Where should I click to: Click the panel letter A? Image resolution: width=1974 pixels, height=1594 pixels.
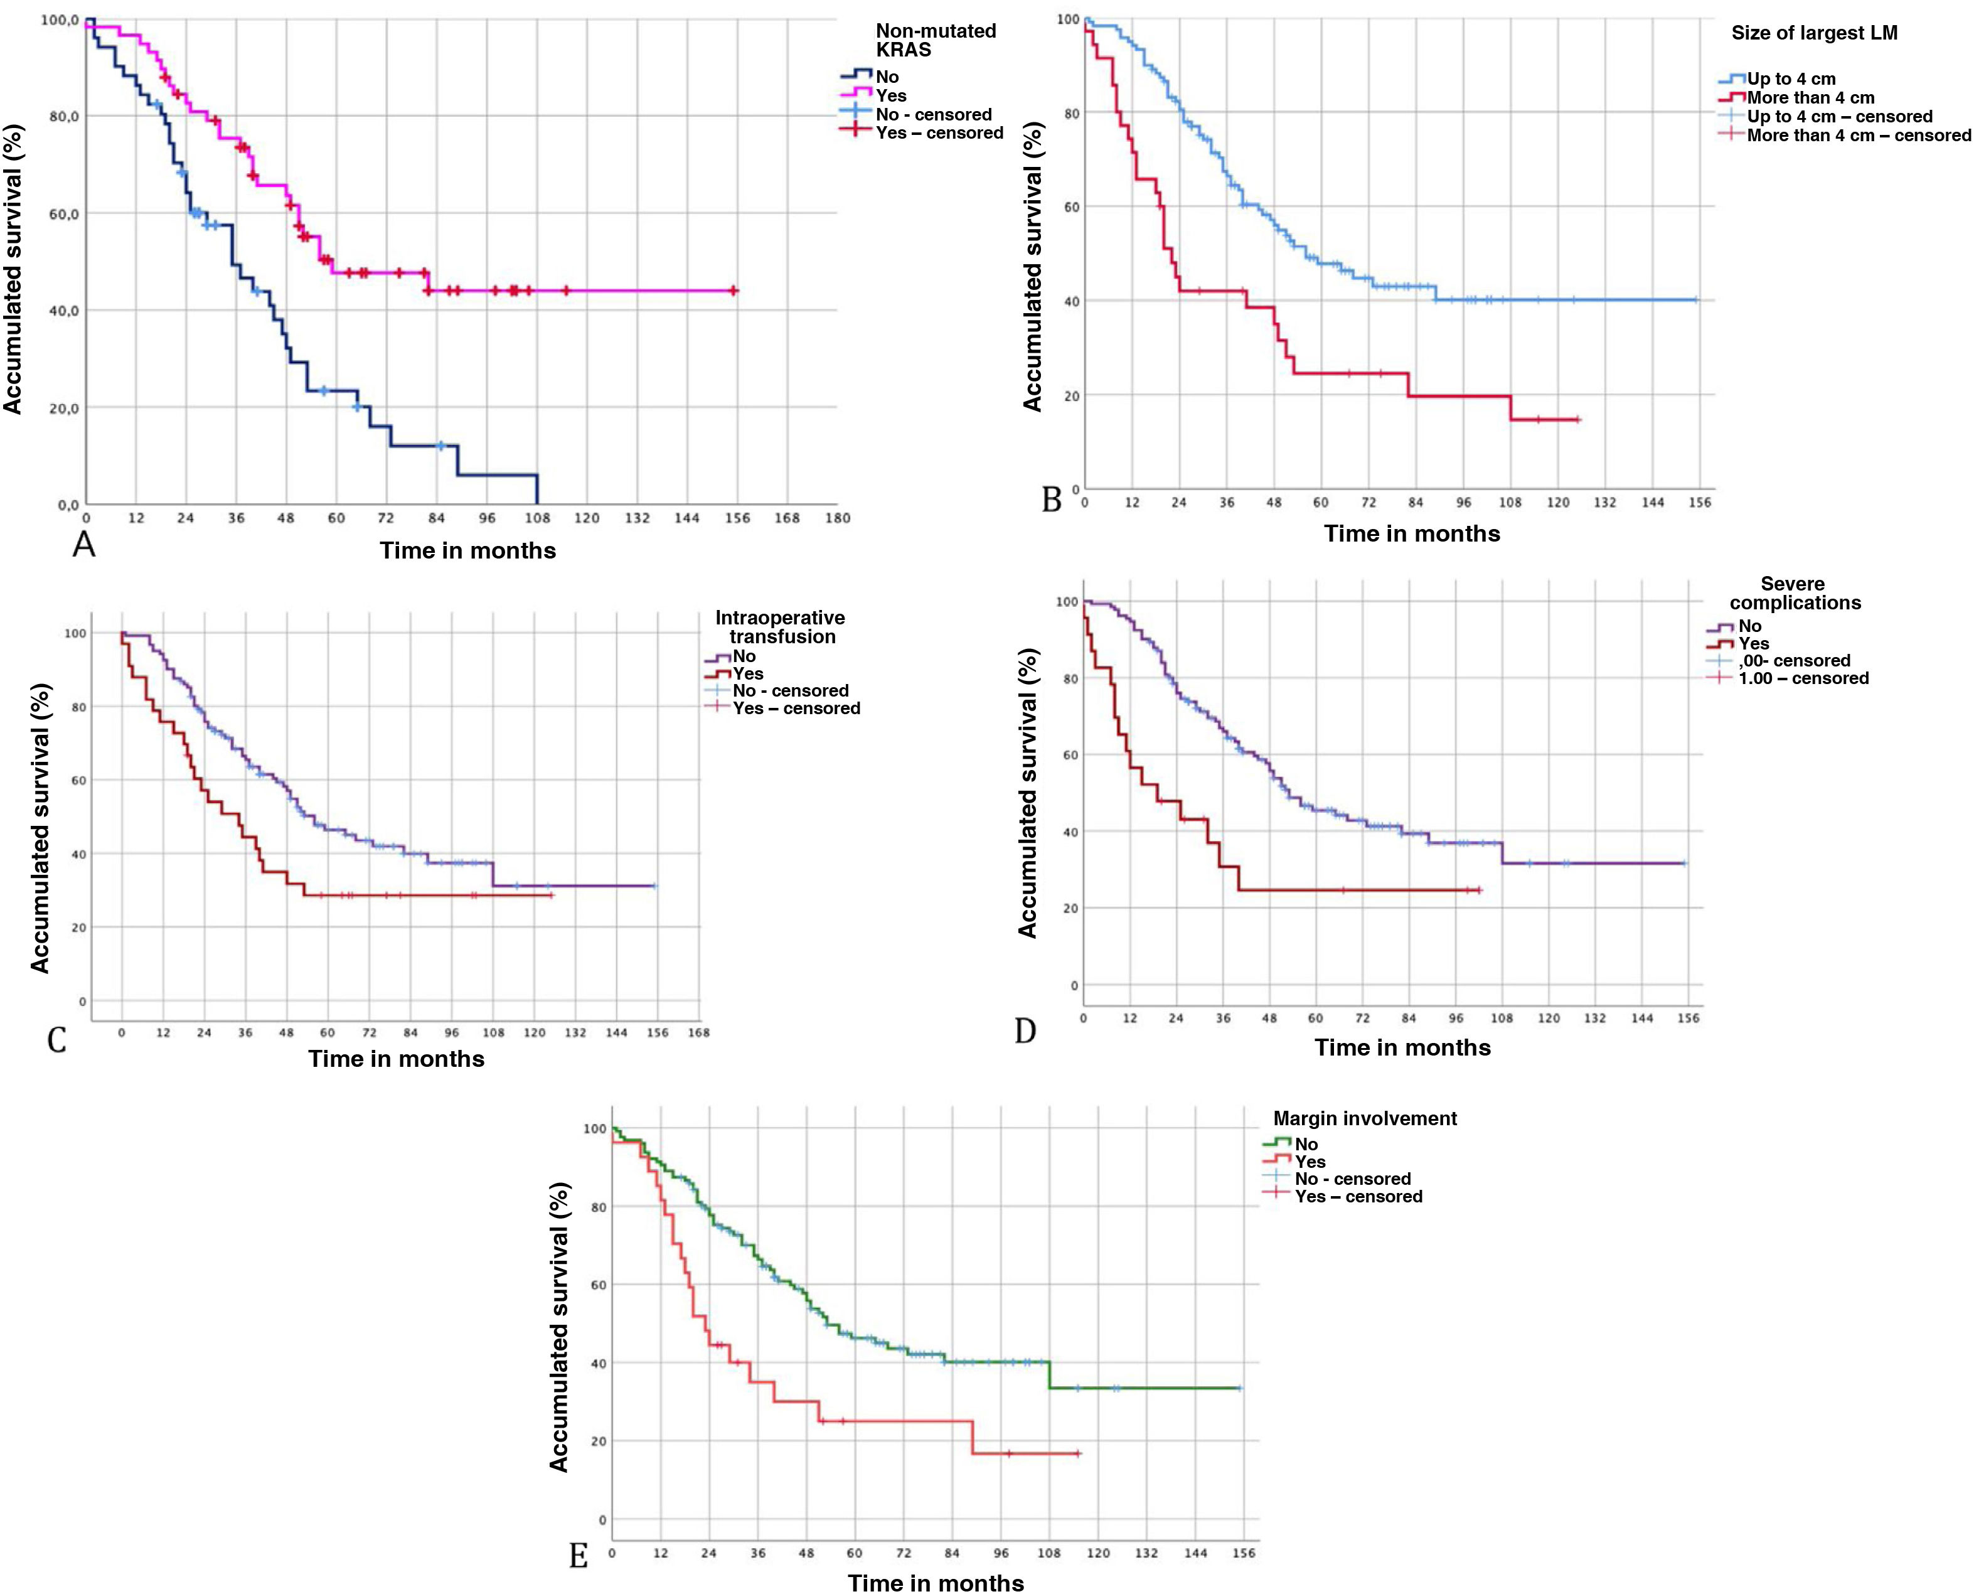click(83, 545)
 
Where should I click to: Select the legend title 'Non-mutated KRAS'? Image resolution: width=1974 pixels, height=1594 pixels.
click(935, 40)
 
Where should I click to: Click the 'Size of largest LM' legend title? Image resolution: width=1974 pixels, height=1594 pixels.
click(1813, 33)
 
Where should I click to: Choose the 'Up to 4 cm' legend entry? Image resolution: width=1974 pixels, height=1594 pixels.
click(1790, 79)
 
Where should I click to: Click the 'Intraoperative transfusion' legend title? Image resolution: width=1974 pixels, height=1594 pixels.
click(781, 627)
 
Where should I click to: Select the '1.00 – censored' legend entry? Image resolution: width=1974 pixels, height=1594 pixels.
click(1802, 678)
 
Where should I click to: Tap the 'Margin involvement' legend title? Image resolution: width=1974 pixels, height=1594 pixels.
click(1364, 1118)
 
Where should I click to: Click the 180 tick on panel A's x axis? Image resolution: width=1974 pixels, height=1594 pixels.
click(837, 518)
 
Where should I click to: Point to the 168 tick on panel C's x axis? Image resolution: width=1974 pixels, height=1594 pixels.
click(699, 1032)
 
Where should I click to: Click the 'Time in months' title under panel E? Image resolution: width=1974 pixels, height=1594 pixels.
click(936, 1582)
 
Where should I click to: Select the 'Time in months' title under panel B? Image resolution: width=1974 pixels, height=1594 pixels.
click(1411, 533)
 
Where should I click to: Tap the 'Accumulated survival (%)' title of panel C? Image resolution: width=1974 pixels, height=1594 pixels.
click(40, 827)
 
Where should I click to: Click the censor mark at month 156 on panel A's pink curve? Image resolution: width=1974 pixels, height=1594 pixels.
click(734, 291)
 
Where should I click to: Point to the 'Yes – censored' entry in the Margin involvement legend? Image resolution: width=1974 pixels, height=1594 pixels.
click(1358, 1196)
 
